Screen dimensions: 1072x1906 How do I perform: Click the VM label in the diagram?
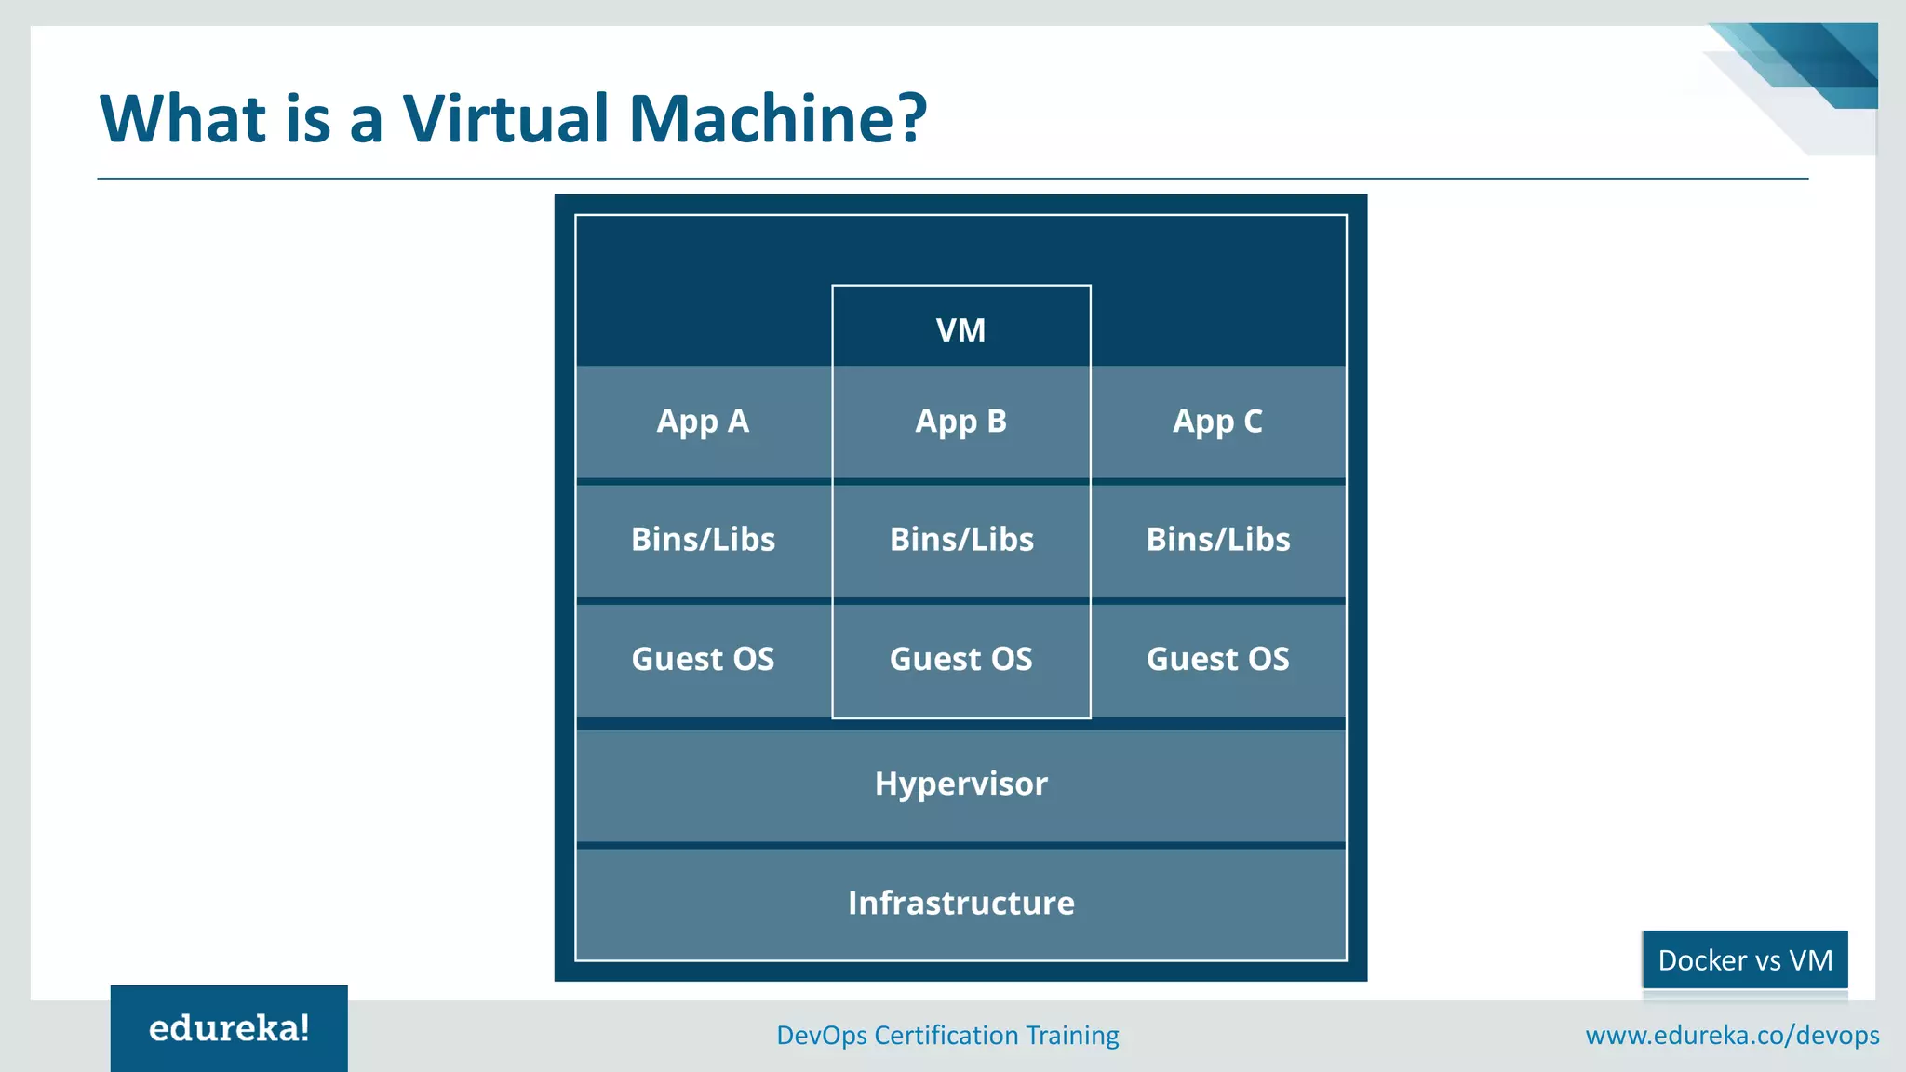960,330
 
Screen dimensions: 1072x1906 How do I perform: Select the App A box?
703,422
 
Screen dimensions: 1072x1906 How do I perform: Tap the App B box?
960,422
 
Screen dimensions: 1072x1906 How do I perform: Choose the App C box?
1217,422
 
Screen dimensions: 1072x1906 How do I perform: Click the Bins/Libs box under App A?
703,540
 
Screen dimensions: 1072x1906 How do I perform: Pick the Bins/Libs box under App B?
960,540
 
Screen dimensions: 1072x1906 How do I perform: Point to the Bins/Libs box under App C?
1217,540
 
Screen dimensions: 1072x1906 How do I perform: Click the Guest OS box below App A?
703,659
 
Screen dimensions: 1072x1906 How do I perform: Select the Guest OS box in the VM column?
960,659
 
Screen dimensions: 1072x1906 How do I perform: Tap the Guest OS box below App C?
1217,659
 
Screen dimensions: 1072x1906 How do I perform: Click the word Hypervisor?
960,784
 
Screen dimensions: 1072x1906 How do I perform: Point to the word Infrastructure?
960,903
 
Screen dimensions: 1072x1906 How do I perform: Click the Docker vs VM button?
1744,959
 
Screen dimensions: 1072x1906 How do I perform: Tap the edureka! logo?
229,1028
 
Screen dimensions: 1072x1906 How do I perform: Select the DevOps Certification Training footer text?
947,1035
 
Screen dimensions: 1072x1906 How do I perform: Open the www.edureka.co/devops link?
1732,1035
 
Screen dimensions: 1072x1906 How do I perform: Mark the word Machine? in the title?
778,119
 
